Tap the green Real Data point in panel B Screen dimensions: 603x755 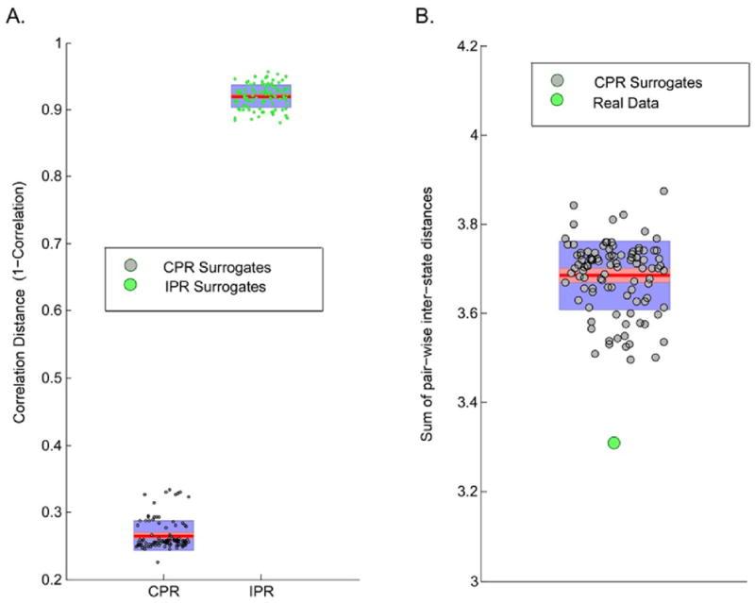[x=613, y=443]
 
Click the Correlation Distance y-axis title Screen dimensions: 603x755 [x=20, y=311]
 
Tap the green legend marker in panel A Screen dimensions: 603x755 [x=129, y=286]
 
